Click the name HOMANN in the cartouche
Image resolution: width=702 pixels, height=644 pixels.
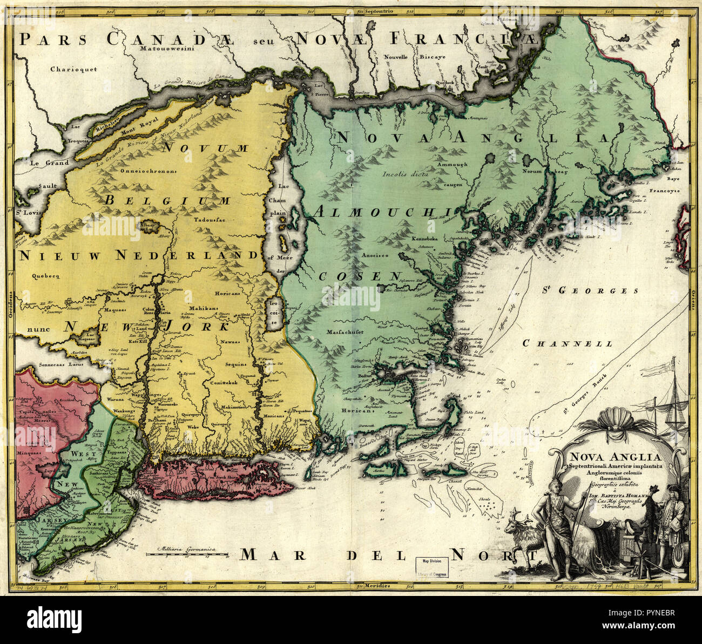pos(643,493)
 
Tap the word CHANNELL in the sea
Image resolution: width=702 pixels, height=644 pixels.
pos(568,343)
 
